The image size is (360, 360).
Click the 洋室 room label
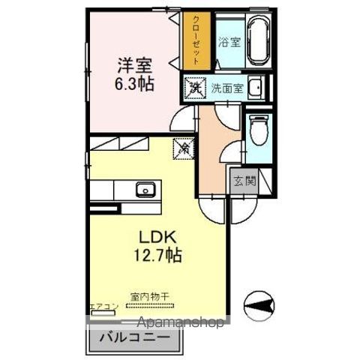point(129,64)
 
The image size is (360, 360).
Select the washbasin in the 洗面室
point(256,87)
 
